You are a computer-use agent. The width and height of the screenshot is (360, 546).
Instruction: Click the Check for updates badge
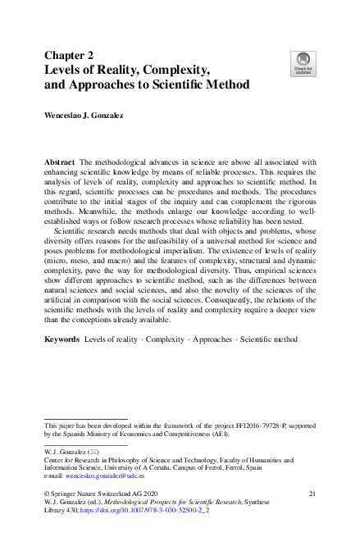(x=303, y=61)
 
